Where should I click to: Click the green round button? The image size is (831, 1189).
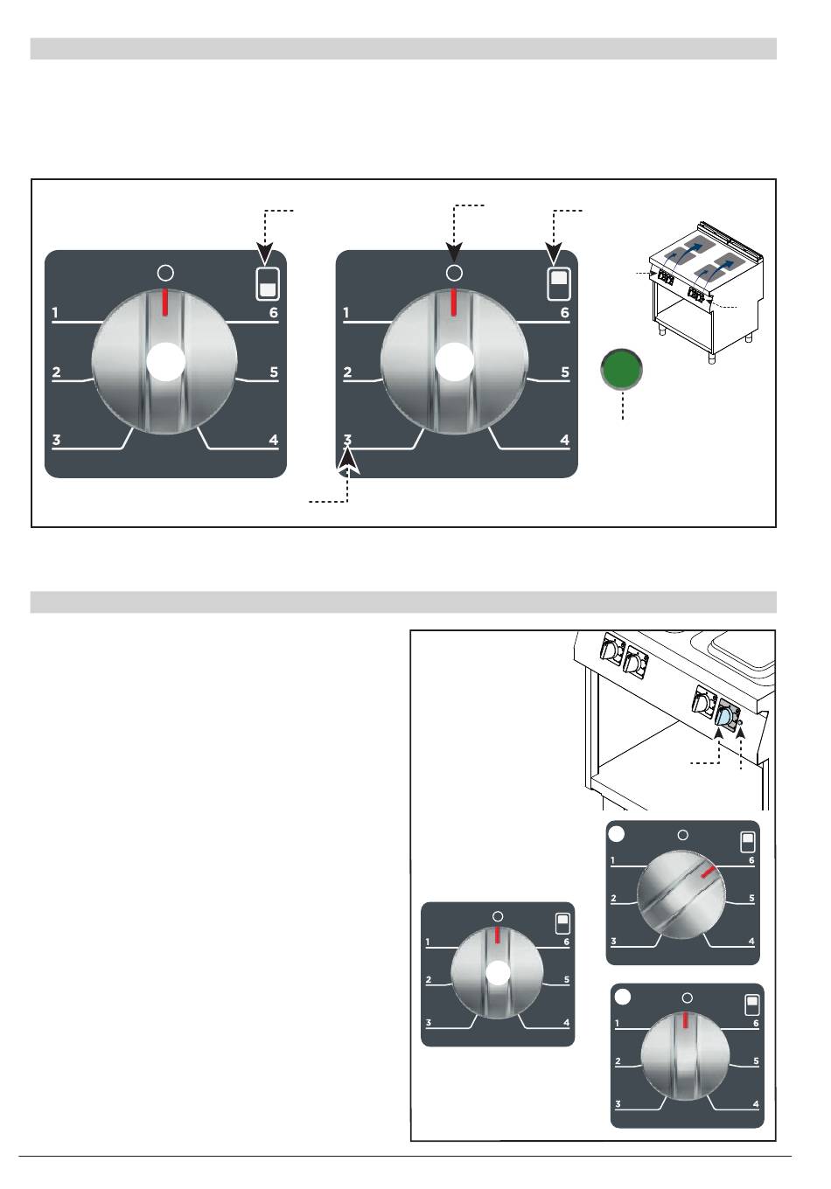pos(621,368)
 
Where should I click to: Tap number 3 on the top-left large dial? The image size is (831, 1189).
pos(56,440)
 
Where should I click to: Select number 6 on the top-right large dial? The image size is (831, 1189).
pos(564,313)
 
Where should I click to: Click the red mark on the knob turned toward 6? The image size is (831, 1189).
pos(709,871)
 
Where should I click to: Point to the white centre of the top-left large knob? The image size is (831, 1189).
pos(165,361)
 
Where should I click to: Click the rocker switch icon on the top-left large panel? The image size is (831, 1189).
pos(268,284)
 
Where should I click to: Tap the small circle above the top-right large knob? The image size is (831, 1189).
pos(454,273)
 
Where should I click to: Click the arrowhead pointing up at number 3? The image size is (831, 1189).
pos(348,460)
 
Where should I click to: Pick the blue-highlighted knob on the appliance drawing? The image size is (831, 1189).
pos(723,718)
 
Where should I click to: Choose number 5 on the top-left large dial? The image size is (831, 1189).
pos(274,372)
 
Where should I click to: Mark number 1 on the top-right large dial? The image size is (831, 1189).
pos(346,313)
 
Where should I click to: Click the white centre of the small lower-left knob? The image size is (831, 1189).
pos(498,972)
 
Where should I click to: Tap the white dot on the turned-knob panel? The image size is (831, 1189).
pos(616,834)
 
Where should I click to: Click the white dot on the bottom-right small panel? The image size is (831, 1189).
pos(622,997)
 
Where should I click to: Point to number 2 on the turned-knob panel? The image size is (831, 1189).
pos(613,898)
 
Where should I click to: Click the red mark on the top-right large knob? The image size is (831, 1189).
pos(453,302)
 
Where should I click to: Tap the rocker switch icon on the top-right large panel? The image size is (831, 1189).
pos(559,284)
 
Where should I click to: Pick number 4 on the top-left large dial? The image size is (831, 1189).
pos(274,440)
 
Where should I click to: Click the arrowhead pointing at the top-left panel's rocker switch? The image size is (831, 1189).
pos(265,254)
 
